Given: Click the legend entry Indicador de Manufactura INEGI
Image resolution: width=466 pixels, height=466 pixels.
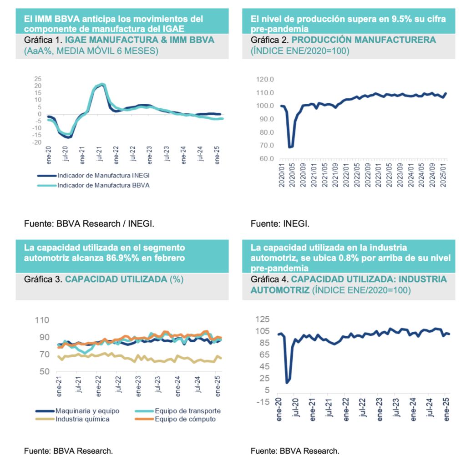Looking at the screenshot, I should click(94, 175).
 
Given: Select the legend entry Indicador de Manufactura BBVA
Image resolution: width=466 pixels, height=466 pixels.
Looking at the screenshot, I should click(94, 185).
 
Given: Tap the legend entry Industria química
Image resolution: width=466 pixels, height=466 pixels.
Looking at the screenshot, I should click(82, 419).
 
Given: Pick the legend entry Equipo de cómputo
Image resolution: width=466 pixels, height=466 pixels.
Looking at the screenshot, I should click(185, 419).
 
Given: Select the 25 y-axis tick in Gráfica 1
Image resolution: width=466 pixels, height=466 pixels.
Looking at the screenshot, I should click(38, 79).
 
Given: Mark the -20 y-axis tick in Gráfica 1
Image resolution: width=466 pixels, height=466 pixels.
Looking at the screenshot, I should click(37, 143).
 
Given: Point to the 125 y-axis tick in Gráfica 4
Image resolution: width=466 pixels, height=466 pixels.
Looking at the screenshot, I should click(264, 319).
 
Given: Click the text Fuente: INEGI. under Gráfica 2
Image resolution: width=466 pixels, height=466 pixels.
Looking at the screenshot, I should click(280, 224).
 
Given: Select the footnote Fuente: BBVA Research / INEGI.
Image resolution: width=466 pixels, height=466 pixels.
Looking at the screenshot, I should click(92, 224).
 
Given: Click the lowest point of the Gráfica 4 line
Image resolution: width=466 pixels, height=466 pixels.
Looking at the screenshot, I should click(287, 382).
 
